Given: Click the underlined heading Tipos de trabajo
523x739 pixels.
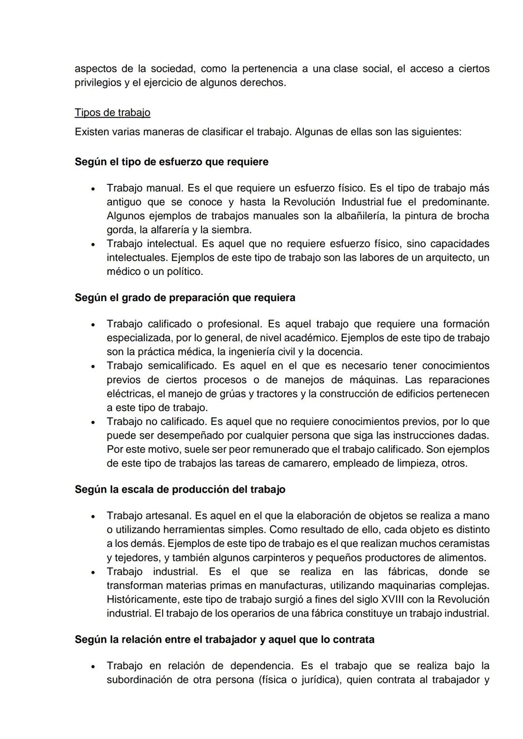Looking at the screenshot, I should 112,113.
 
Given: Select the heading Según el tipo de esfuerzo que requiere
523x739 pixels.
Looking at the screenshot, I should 171,162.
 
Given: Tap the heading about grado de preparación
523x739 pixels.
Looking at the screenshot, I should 185,298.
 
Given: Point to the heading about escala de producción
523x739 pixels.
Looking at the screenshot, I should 180,489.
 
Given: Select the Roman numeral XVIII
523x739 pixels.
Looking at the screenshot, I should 393,600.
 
